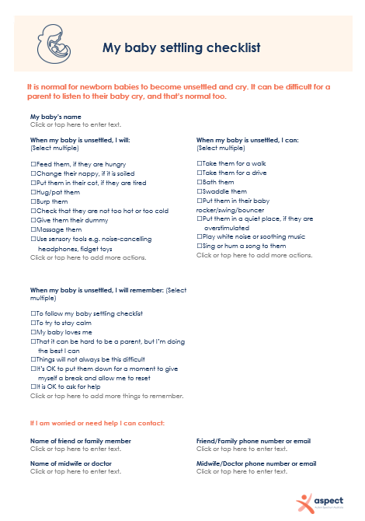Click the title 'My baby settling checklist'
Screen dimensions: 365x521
[x=181, y=48]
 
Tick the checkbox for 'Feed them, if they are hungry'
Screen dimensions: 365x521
[x=33, y=165]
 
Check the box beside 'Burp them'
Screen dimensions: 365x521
[x=33, y=201]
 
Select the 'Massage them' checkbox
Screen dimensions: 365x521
[x=33, y=229]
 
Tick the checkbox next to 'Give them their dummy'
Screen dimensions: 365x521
[x=33, y=220]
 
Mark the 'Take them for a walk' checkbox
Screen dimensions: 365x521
[x=200, y=163]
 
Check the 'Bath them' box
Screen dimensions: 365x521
[x=200, y=182]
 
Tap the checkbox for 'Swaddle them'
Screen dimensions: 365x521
[x=200, y=191]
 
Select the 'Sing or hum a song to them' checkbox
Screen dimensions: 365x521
[x=200, y=246]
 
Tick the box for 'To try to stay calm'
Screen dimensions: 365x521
[x=33, y=323]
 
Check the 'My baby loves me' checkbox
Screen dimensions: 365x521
[x=33, y=332]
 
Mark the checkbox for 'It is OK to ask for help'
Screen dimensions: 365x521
[x=33, y=386]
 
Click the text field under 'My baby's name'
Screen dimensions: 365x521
[x=75, y=124]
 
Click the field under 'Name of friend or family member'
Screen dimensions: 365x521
[x=75, y=449]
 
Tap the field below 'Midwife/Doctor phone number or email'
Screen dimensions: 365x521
[x=242, y=471]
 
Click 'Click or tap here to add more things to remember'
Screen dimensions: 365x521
[x=106, y=396]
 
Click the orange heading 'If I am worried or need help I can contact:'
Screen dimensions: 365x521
[x=97, y=424]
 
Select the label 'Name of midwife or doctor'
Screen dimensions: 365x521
[x=71, y=463]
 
